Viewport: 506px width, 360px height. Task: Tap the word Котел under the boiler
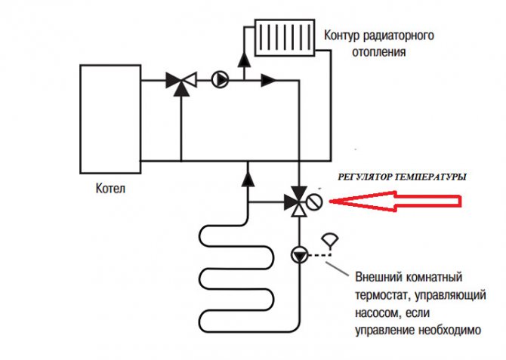[110, 189]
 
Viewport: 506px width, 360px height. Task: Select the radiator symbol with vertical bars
[285, 38]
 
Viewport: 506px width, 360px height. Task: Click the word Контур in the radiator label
[341, 35]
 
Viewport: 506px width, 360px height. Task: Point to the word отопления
[379, 52]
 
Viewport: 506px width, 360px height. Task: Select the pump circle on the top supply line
[220, 80]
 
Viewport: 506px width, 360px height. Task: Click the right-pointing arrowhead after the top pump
[269, 80]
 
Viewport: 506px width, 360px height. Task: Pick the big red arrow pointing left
[395, 202]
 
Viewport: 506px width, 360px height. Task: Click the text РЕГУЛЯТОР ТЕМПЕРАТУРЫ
[402, 177]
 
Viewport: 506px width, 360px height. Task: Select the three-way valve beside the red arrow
[297, 202]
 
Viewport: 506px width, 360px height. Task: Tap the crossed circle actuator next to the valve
[314, 202]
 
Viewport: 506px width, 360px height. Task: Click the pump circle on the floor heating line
[300, 255]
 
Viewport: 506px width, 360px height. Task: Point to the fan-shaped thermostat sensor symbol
[330, 241]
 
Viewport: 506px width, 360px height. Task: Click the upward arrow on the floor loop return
[248, 179]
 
